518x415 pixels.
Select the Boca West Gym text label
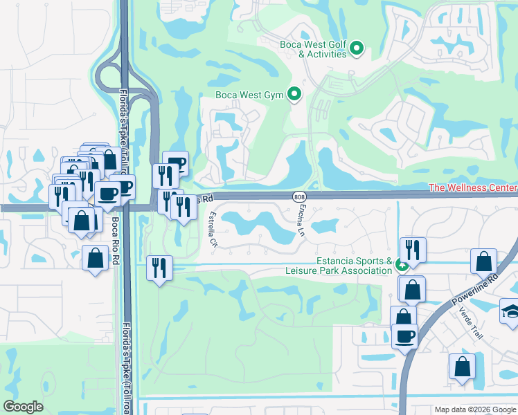[250, 95]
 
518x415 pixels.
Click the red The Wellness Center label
[473, 187]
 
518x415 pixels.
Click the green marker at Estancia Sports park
[401, 265]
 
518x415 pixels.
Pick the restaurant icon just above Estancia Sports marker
[413, 250]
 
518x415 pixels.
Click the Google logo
[23, 407]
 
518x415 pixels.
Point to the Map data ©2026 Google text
[474, 409]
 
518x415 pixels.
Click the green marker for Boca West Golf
[357, 48]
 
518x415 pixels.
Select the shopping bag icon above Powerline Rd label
[483, 262]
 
